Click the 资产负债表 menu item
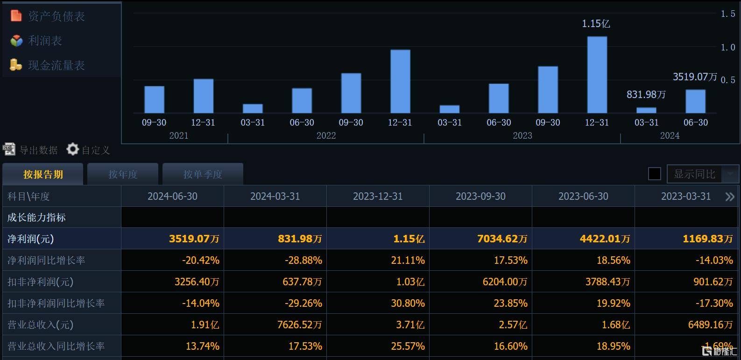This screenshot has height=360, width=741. point(56,16)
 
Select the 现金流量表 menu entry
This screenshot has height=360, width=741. point(56,65)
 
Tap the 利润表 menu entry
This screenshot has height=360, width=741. point(45,41)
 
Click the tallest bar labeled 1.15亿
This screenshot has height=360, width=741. point(597,75)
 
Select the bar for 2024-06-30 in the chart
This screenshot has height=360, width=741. point(695,101)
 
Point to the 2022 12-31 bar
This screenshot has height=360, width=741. point(400,81)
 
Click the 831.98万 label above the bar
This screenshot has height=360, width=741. point(646,95)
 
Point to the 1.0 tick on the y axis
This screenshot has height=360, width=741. point(727,47)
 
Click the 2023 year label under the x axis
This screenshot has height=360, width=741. point(522,135)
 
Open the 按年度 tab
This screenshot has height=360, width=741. point(123,174)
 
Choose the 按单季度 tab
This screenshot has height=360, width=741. point(203,174)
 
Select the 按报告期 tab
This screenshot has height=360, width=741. point(43,174)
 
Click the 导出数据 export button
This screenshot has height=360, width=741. point(31,150)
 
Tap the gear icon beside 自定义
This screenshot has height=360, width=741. point(72,149)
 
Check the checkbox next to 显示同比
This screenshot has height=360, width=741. point(655,174)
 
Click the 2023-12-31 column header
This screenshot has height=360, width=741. point(377,196)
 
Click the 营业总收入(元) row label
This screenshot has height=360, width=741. point(40,325)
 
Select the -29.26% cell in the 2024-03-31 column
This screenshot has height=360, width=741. point(303,303)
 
